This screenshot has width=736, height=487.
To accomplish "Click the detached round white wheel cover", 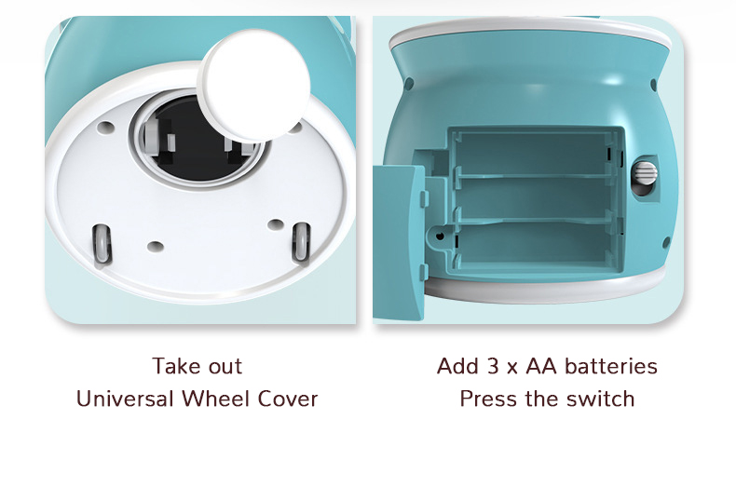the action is click(254, 85).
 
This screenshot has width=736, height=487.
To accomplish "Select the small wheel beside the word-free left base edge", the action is click(102, 244).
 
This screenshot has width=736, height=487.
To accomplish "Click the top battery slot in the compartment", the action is click(535, 154).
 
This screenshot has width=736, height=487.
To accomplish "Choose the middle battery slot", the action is click(535, 198).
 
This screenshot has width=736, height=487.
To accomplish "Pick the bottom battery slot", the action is click(535, 244).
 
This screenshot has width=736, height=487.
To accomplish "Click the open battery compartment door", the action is click(399, 241).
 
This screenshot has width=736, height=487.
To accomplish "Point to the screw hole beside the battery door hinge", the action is click(440, 236).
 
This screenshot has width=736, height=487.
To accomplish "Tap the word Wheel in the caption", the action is click(215, 399).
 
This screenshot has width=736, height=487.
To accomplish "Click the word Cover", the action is click(288, 399).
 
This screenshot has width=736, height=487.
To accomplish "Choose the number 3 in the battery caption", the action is click(493, 366).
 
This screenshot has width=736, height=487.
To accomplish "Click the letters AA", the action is click(541, 366).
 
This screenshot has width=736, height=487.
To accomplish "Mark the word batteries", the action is click(611, 366).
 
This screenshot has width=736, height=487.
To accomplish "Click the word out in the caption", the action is click(225, 367).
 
